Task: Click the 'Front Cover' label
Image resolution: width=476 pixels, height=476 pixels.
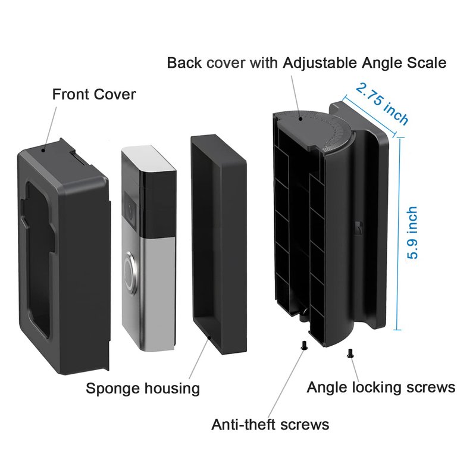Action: click(94, 94)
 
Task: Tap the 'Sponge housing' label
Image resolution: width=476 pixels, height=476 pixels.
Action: click(143, 389)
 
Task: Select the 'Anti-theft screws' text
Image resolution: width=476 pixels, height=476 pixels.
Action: click(270, 424)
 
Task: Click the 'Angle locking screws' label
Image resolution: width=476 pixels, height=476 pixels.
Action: click(381, 387)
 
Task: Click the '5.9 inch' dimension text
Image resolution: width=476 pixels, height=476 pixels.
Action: click(412, 233)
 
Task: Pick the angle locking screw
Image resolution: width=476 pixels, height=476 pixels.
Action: click(350, 353)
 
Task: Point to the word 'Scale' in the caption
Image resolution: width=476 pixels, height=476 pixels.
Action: click(425, 62)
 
